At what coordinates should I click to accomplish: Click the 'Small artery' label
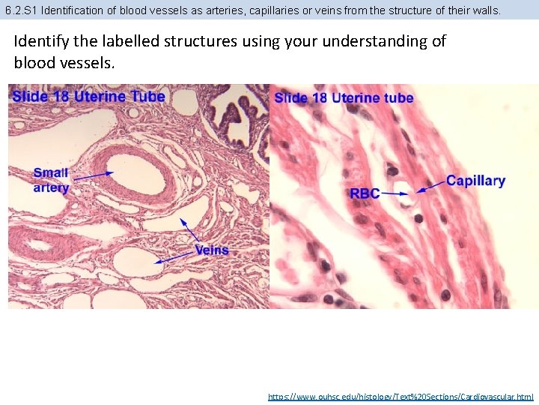(51, 180)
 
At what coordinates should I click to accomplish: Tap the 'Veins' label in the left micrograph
(212, 250)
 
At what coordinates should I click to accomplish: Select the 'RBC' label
(365, 193)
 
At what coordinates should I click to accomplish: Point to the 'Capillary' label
(475, 181)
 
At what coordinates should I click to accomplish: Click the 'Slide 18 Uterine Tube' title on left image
(88, 96)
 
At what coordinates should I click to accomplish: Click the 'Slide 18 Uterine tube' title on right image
(344, 97)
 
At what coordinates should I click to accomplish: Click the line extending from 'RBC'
(391, 193)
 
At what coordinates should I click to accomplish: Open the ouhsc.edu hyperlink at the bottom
(401, 396)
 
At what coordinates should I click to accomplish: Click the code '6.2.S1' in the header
(22, 10)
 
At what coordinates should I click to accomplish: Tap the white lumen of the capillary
(402, 190)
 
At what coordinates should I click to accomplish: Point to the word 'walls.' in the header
(484, 10)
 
